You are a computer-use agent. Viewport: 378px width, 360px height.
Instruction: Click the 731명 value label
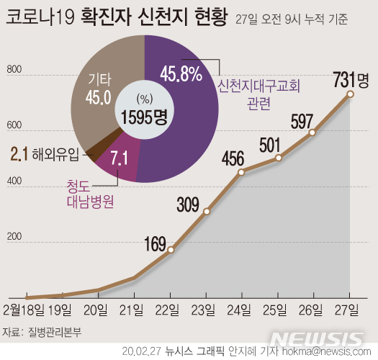tap(351, 77)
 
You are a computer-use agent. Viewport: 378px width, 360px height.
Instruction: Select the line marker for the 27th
tap(351, 94)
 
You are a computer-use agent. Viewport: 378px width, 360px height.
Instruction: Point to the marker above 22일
tap(171, 250)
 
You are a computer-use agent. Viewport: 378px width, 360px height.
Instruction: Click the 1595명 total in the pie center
tap(143, 117)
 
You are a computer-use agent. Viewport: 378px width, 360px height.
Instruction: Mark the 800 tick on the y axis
tap(12, 70)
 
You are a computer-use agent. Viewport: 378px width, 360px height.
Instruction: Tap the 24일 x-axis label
tap(241, 310)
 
